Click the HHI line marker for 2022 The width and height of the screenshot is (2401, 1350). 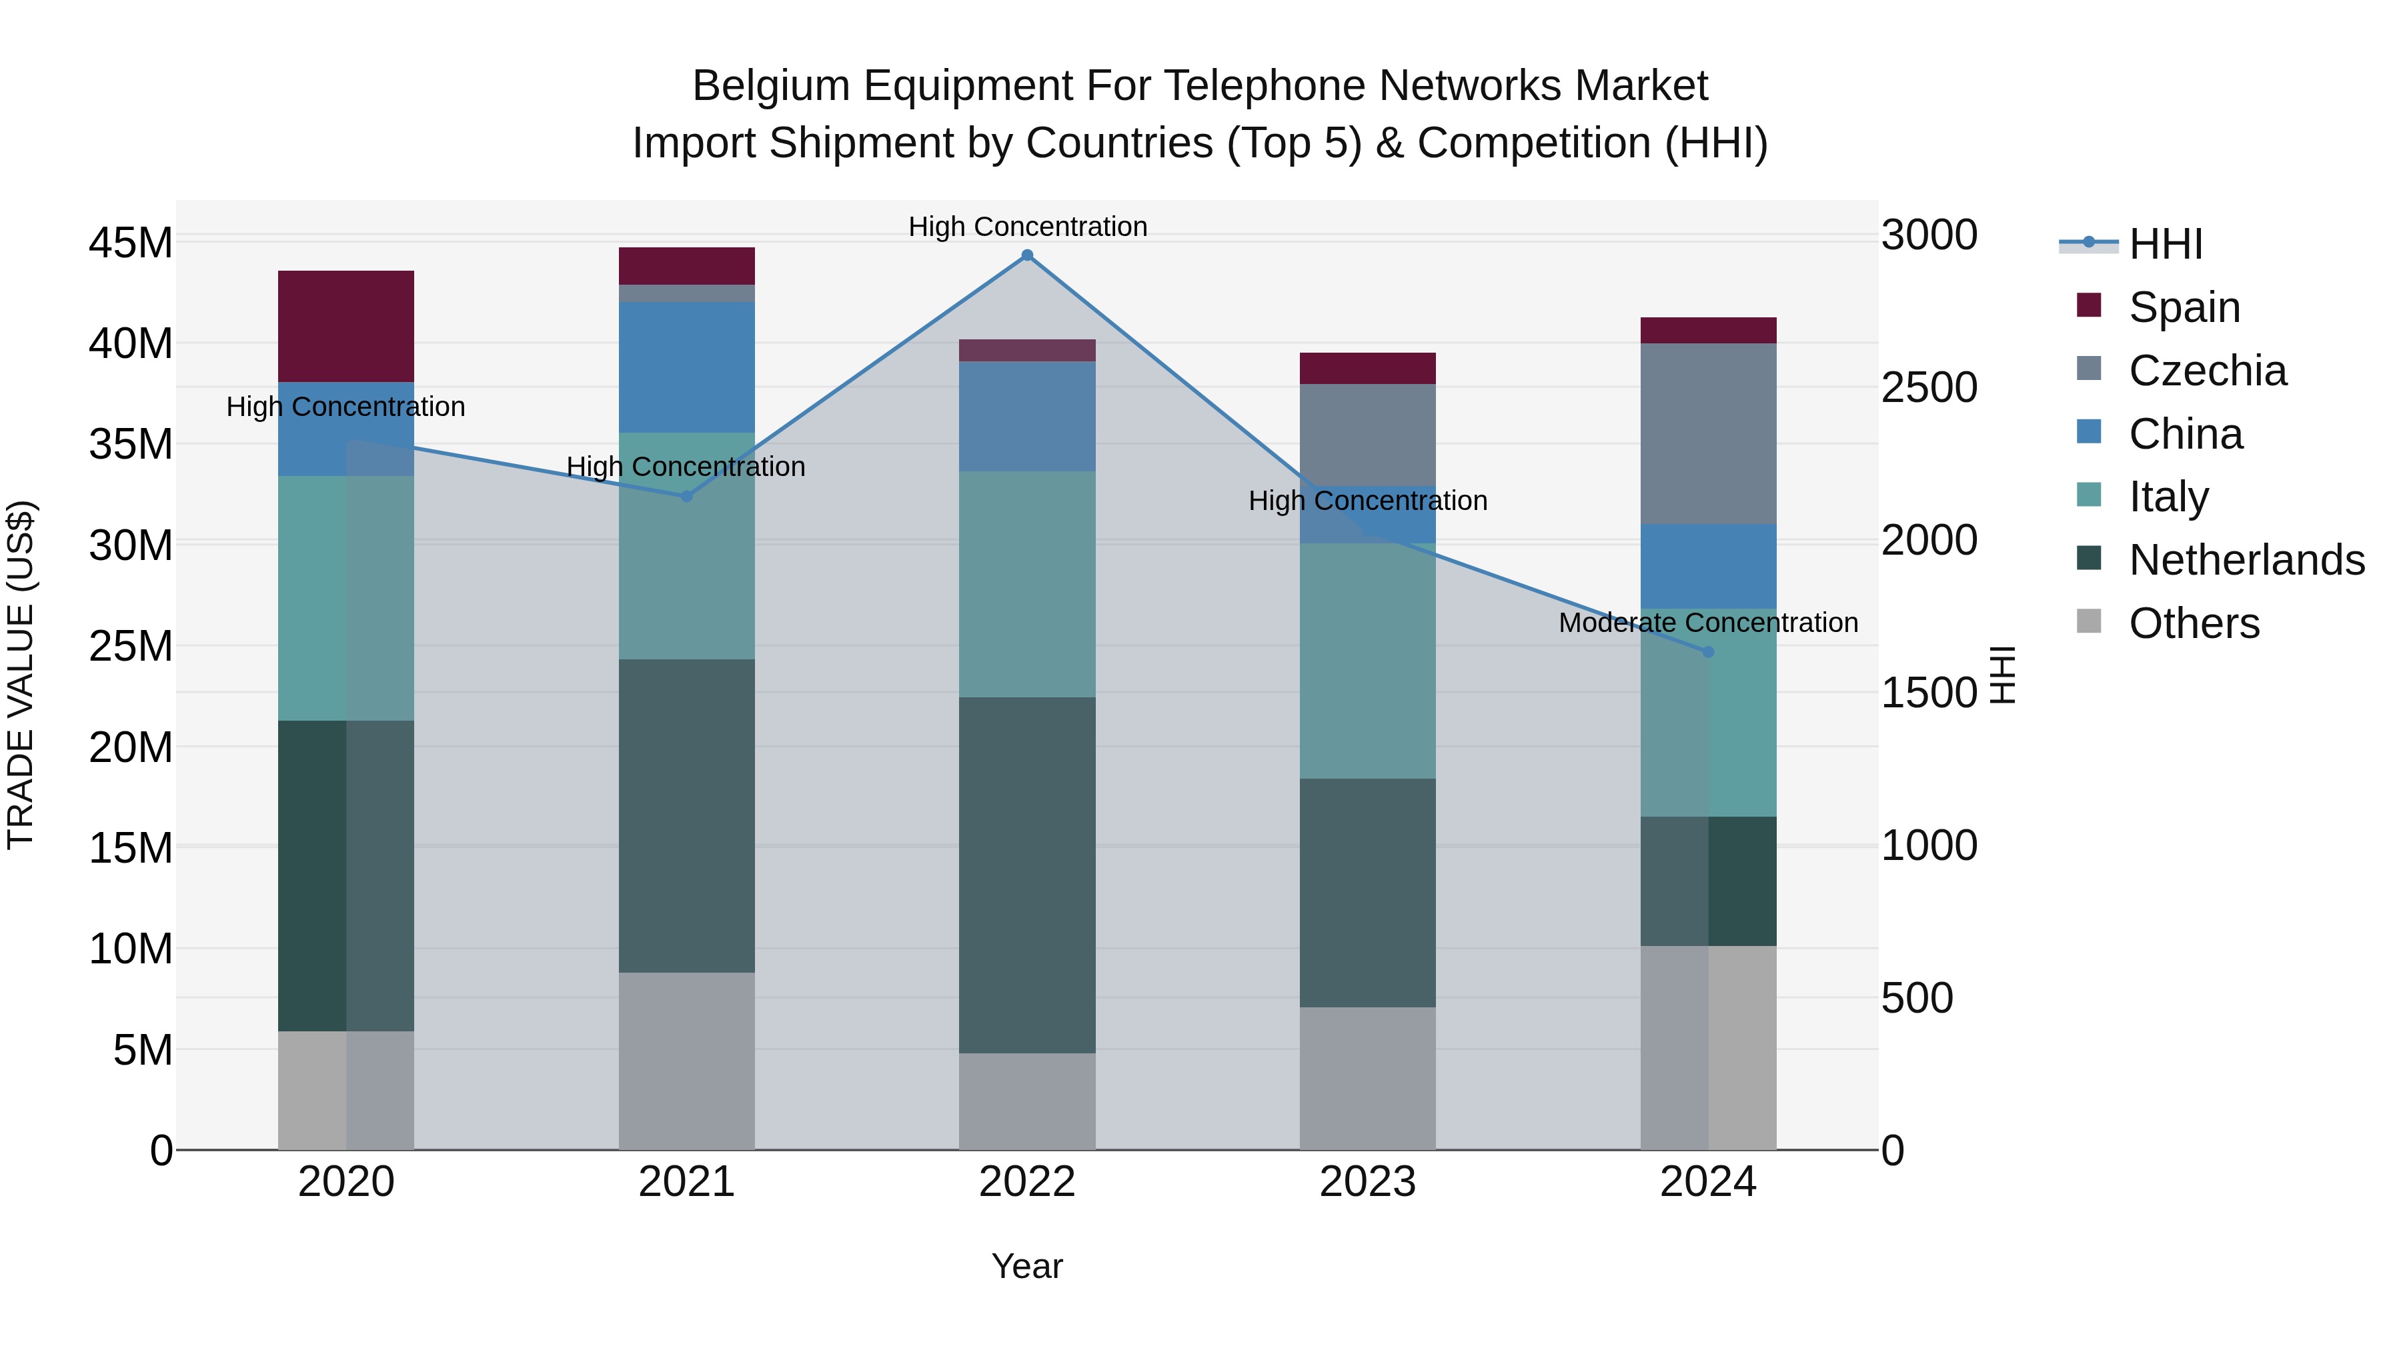pyautogui.click(x=1027, y=255)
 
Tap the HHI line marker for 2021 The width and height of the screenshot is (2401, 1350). pyautogui.click(x=687, y=497)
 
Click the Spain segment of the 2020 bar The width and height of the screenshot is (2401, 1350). pyautogui.click(x=345, y=326)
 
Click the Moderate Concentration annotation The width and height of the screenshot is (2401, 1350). pyautogui.click(x=1707, y=623)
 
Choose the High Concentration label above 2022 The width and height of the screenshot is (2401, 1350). pyautogui.click(x=1027, y=227)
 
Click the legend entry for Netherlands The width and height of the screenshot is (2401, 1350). pyautogui.click(x=2246, y=560)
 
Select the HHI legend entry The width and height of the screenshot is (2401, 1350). pyautogui.click(x=2165, y=244)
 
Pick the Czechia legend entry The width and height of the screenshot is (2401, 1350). pyautogui.click(x=2207, y=371)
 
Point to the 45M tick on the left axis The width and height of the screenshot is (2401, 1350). pyautogui.click(x=131, y=243)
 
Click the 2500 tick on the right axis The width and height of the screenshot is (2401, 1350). pyautogui.click(x=1928, y=387)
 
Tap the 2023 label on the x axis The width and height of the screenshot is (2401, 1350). pyautogui.click(x=1367, y=1182)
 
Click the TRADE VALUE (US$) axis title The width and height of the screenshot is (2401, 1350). pyautogui.click(x=21, y=675)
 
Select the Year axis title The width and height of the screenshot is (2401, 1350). pyautogui.click(x=1027, y=1266)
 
